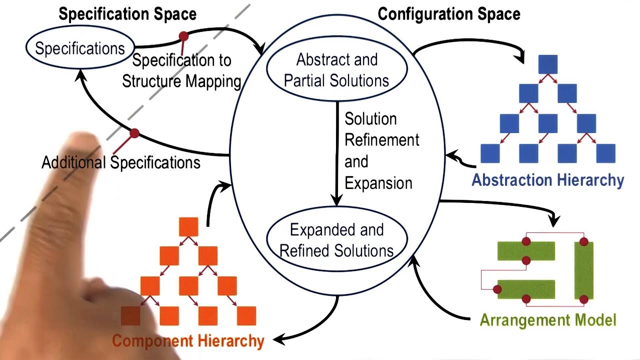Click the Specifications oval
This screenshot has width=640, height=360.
point(79,48)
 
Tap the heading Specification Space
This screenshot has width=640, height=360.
point(127,14)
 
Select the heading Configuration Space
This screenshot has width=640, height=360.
point(448,14)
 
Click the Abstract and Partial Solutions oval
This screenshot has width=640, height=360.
point(336,69)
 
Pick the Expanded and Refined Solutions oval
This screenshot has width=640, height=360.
point(336,240)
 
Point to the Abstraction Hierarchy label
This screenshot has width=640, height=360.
point(547,180)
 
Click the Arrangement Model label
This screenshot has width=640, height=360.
point(548,320)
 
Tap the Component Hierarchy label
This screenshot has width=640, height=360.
point(188,341)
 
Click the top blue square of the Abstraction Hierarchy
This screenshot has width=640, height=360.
point(548,64)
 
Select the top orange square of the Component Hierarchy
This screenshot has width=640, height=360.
point(188,226)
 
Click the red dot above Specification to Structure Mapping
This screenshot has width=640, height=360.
point(183,36)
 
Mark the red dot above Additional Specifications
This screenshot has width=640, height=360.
point(134,133)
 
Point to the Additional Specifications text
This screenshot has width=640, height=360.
point(121,162)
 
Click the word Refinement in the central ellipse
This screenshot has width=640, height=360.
point(382,140)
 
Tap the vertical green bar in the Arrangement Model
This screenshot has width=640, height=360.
point(583,270)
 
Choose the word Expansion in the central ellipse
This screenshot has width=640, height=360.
point(378,183)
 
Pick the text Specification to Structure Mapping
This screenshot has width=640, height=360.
point(182,71)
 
